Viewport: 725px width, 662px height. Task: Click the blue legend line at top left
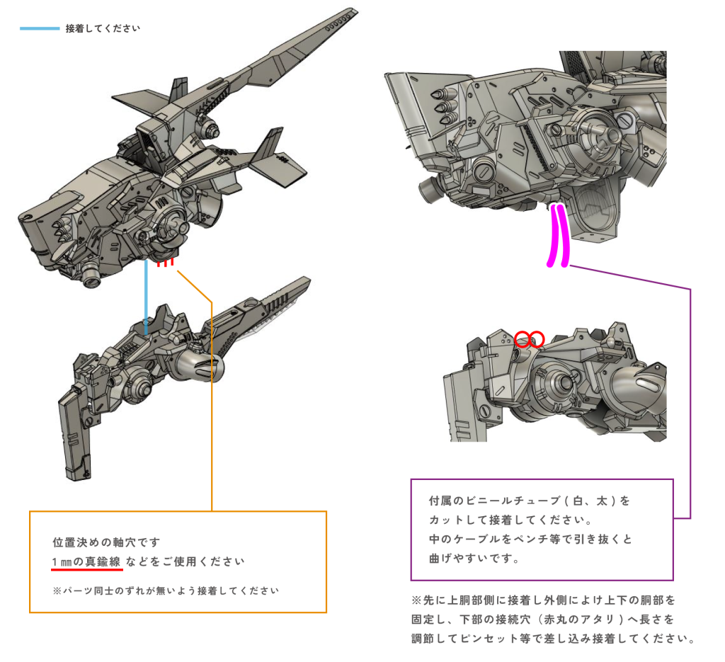[x=40, y=28]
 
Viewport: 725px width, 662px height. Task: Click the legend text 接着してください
[x=103, y=28]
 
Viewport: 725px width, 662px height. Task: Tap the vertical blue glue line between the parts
[x=146, y=297]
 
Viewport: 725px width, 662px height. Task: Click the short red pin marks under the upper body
[x=165, y=263]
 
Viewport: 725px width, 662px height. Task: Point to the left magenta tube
[x=552, y=236]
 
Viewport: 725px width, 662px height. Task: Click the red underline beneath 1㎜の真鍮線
[x=87, y=569]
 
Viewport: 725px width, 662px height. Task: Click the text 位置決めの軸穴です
[x=106, y=542]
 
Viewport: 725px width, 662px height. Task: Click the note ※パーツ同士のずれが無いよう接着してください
[x=166, y=590]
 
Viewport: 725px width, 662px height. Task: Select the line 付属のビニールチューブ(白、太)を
[x=530, y=501]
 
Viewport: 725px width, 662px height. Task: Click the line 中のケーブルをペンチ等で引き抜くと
[x=530, y=539]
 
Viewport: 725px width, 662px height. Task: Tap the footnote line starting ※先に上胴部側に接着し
[x=544, y=600]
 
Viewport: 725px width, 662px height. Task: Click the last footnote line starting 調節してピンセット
[x=554, y=639]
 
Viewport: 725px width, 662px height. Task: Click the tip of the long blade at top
[x=355, y=9]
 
